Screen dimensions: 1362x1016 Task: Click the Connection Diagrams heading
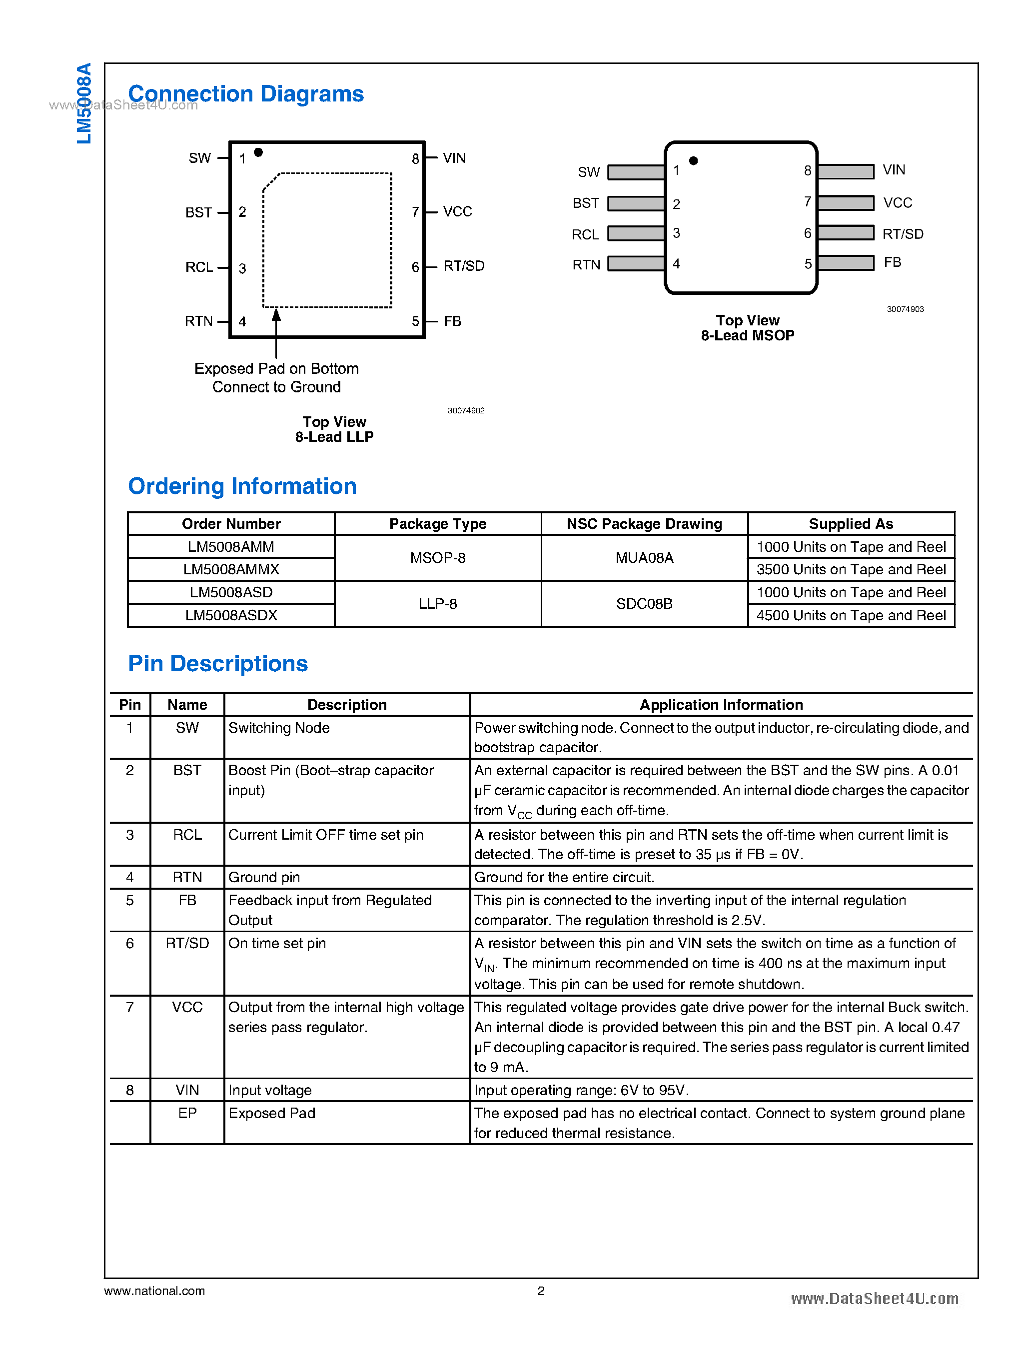click(245, 93)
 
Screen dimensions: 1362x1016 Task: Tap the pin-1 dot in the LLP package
click(258, 152)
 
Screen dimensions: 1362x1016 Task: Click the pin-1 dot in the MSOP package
click(693, 160)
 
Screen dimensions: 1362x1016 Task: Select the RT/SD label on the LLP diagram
click(464, 266)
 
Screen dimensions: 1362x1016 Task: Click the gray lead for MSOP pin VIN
click(846, 171)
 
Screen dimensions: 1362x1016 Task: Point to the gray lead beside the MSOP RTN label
click(636, 263)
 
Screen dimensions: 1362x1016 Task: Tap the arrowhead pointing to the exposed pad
click(276, 315)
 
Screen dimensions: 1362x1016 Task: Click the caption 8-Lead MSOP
click(747, 335)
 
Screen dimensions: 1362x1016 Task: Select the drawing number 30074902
click(466, 410)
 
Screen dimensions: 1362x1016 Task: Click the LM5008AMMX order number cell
click(231, 569)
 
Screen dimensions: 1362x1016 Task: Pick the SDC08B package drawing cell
click(644, 603)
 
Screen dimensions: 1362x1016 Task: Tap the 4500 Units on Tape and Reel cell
click(851, 615)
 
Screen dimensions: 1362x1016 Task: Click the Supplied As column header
click(851, 523)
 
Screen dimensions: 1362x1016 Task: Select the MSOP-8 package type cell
click(437, 557)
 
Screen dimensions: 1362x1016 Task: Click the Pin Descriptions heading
click(218, 663)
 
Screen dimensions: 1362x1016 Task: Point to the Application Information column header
click(721, 704)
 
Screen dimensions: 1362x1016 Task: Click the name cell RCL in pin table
click(187, 835)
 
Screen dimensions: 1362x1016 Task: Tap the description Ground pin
click(264, 877)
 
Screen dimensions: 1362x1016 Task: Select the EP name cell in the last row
click(187, 1113)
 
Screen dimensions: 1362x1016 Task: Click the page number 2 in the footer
click(541, 1291)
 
